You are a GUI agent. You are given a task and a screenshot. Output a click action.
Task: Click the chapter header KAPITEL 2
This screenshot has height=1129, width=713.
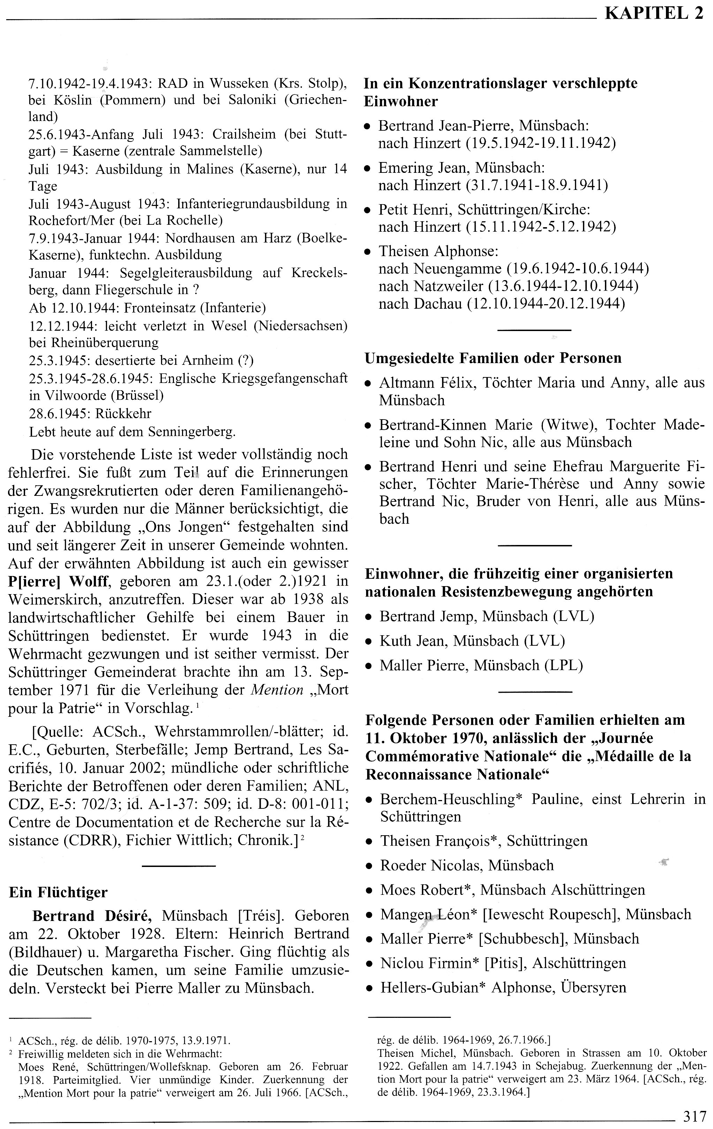click(x=654, y=14)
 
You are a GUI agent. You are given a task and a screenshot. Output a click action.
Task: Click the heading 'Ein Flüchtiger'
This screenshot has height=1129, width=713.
click(x=58, y=892)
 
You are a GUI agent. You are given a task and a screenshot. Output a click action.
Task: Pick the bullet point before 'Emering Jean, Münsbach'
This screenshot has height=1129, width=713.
click(x=369, y=169)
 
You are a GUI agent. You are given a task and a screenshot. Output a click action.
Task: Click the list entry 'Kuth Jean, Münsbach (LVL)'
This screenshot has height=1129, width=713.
click(x=472, y=640)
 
